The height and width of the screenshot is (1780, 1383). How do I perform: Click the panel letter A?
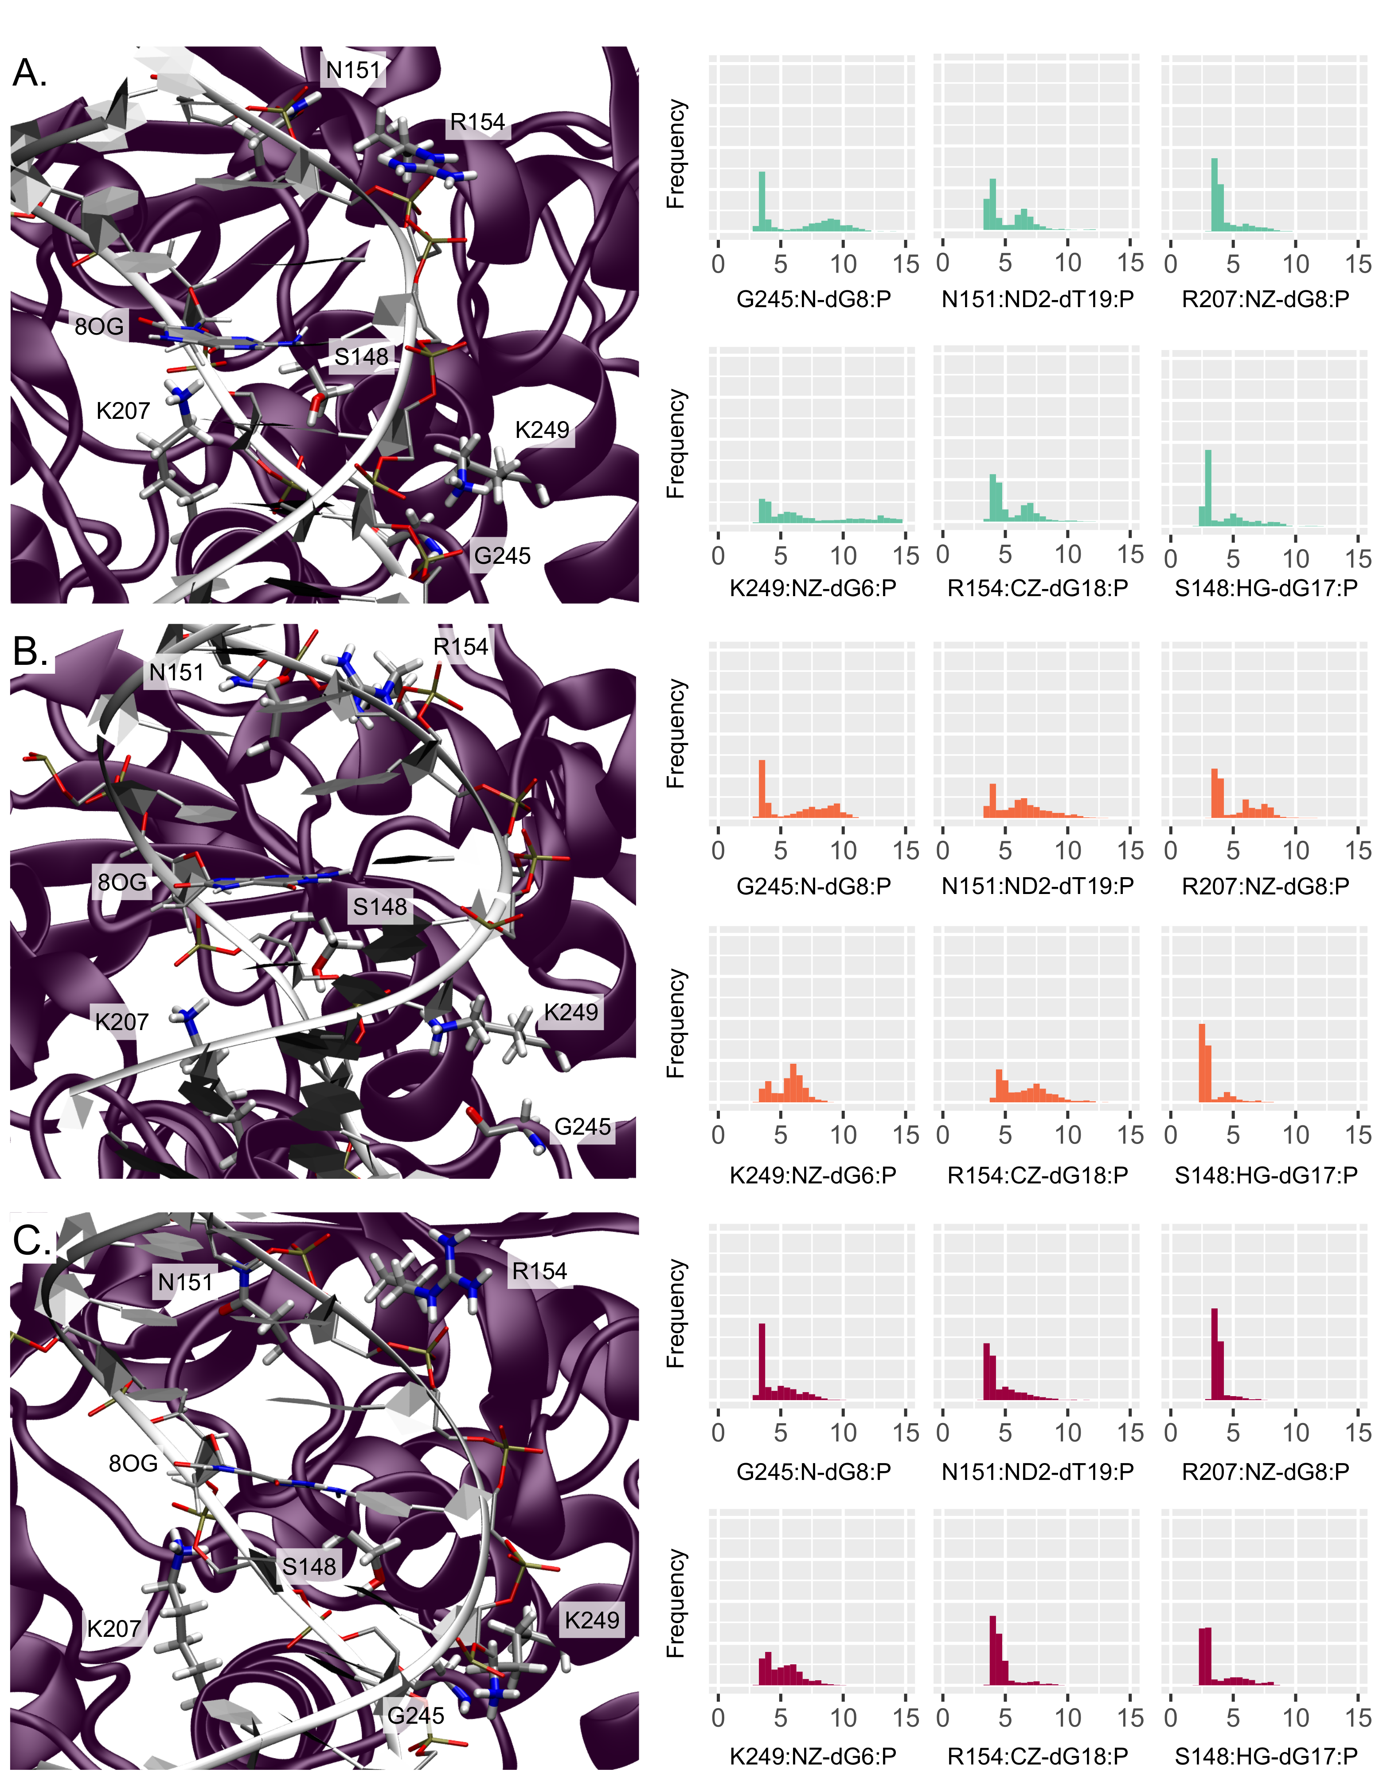(x=29, y=73)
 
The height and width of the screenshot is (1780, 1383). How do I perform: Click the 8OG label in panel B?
(x=122, y=882)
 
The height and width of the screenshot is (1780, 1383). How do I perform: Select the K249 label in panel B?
(x=570, y=1012)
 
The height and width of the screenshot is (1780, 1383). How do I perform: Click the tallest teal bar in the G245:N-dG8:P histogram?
(x=762, y=200)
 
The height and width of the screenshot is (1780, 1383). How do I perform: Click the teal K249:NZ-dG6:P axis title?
(x=813, y=588)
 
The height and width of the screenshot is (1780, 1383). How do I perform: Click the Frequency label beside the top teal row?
(x=676, y=155)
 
